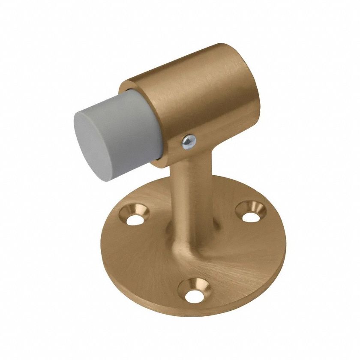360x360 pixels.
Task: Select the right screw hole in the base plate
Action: [x=251, y=214]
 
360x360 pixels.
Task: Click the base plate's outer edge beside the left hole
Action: [x=117, y=223]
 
